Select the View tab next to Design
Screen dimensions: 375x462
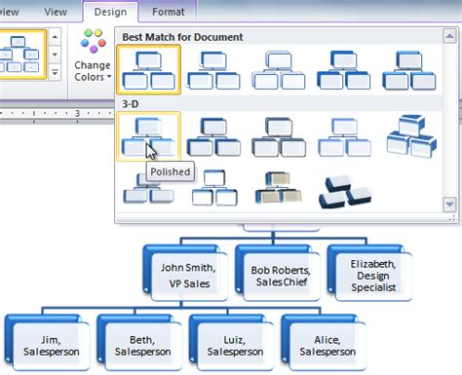click(x=57, y=12)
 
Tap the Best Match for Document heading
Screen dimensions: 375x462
click(x=183, y=37)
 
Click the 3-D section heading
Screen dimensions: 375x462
click(x=133, y=101)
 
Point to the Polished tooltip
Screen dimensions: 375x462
click(x=170, y=172)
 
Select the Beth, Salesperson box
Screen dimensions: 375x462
click(x=134, y=342)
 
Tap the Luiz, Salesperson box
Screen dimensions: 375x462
click(x=225, y=342)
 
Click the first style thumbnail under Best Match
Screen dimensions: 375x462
click(x=148, y=69)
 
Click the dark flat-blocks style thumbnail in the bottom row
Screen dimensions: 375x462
click(x=345, y=191)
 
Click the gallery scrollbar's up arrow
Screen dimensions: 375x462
click(x=448, y=38)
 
